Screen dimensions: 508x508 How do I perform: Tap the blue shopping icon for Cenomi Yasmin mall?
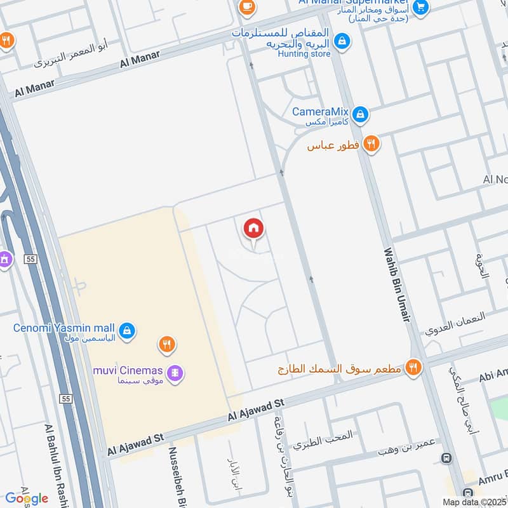tap(128, 330)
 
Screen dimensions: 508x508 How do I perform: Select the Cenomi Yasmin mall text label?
tap(63, 328)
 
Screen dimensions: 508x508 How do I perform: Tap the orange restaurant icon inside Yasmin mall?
tap(166, 345)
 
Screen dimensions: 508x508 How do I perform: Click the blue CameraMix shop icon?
tap(360, 114)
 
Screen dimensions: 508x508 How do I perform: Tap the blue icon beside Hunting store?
tap(342, 41)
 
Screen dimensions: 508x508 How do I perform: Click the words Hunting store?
tap(304, 55)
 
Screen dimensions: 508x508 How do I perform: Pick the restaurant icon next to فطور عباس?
tap(371, 144)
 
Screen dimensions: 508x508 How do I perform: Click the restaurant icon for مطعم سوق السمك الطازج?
tap(414, 368)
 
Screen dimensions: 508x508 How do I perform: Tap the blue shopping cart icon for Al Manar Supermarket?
tap(420, 7)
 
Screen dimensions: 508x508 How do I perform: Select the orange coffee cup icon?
tap(246, 7)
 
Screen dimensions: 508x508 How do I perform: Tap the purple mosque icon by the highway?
tap(5, 260)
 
